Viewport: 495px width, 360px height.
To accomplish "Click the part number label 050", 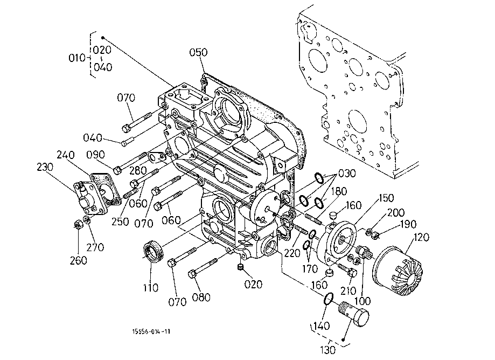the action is pos(198,52).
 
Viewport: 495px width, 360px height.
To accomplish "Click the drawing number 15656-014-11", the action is pos(151,331).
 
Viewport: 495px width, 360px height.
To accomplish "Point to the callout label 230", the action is pos(45,167).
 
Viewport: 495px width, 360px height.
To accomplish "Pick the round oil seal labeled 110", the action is pos(153,251).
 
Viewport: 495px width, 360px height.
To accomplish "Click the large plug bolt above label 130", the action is pos(354,314).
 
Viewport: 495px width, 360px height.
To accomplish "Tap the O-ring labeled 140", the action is pos(329,299).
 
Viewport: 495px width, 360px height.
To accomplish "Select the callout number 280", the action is pos(138,170).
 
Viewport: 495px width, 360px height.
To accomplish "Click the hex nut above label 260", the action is pos(78,225).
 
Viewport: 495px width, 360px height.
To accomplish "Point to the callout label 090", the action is pos(96,155).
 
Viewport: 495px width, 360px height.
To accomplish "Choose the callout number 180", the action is pos(339,191).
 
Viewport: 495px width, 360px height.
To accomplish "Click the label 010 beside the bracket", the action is pos(77,58).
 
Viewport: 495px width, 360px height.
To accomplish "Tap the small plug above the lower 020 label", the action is pos(241,267).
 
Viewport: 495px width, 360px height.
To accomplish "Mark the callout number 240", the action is pos(66,155).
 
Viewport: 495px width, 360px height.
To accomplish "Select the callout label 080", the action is pos(201,297).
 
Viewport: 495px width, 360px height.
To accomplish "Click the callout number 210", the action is pos(348,290).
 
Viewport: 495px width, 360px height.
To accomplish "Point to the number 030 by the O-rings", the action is pos(347,174).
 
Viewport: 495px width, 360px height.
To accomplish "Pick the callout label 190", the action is pos(408,224).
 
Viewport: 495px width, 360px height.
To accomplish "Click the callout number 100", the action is pos(362,301).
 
